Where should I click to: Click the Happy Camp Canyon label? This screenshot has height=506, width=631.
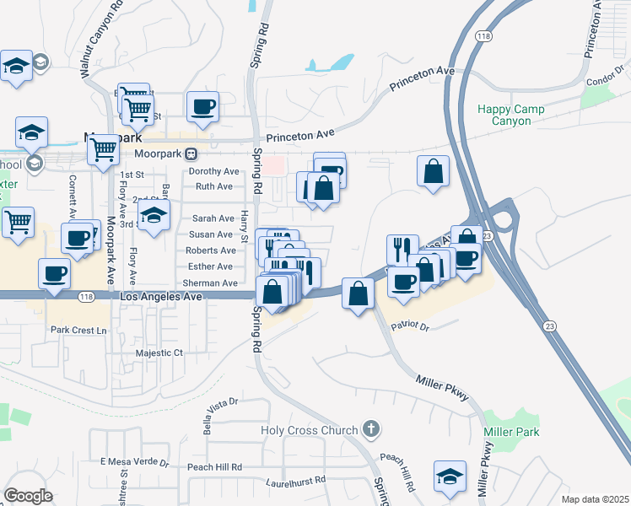point(510,116)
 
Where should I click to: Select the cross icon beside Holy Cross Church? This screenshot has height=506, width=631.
point(369,429)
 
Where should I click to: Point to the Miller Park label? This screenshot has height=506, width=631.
point(505,432)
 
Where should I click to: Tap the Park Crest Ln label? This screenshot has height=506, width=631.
point(78,331)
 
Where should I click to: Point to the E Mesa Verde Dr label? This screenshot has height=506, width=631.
point(135,462)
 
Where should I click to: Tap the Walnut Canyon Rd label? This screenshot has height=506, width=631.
point(100,40)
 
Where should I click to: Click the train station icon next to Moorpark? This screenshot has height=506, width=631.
point(191,153)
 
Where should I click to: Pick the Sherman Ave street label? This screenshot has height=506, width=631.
point(212,283)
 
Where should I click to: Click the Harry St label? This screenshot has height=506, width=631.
point(244,225)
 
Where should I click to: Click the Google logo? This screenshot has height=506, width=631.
point(28,496)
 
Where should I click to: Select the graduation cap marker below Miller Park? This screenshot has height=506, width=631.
point(450,477)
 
